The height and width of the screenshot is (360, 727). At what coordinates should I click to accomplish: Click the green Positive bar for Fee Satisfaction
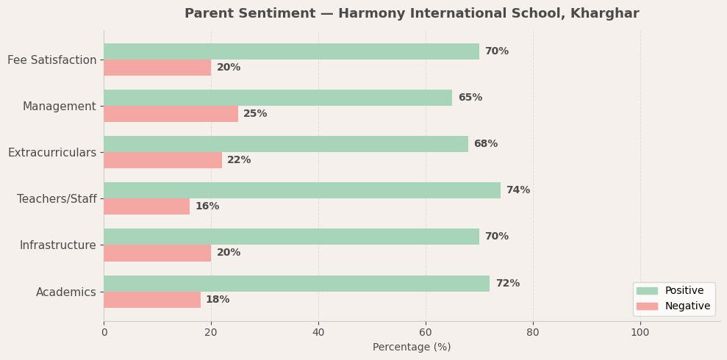[x=291, y=51]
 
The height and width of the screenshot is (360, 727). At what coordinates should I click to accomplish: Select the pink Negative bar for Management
[x=171, y=114]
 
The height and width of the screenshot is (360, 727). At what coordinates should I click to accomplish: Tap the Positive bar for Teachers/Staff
[x=302, y=190]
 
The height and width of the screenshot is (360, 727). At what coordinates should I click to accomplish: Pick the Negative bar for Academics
[x=152, y=300]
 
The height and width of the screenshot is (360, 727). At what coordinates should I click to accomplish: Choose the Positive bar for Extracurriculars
[x=286, y=144]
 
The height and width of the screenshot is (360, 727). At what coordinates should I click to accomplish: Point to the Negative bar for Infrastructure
[x=157, y=253]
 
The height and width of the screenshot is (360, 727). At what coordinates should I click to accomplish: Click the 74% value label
[x=518, y=190]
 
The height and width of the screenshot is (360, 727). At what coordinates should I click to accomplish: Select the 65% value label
[x=470, y=98]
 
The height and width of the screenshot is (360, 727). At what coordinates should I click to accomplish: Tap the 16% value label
[x=207, y=206]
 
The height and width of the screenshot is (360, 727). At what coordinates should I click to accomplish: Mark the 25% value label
[x=255, y=114]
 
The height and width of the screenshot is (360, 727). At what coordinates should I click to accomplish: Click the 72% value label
[x=507, y=284]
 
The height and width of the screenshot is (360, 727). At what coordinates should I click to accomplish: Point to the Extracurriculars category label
[x=52, y=153]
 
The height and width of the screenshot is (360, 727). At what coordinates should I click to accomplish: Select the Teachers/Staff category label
[x=57, y=199]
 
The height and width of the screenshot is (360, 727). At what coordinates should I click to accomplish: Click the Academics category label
[x=66, y=292]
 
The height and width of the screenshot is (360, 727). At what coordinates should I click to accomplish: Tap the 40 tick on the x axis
[x=318, y=332]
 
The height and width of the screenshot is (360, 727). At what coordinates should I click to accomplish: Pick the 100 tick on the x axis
[x=640, y=332]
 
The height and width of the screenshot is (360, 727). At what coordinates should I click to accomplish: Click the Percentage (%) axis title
[x=412, y=348]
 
